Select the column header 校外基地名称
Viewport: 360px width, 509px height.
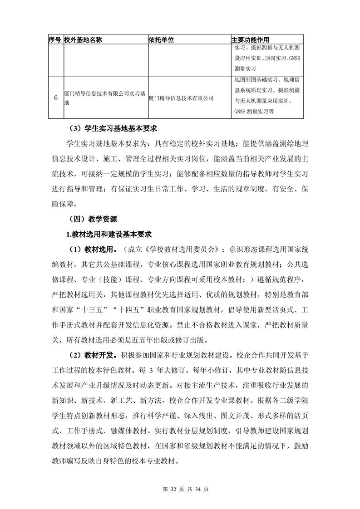point(83,39)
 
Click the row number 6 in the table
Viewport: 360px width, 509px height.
point(55,98)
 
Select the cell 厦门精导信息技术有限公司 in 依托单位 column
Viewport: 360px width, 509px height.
point(181,98)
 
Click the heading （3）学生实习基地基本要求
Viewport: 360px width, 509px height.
point(110,128)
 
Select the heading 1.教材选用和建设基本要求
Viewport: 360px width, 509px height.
point(108,234)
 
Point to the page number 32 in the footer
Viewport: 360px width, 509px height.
point(172,489)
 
